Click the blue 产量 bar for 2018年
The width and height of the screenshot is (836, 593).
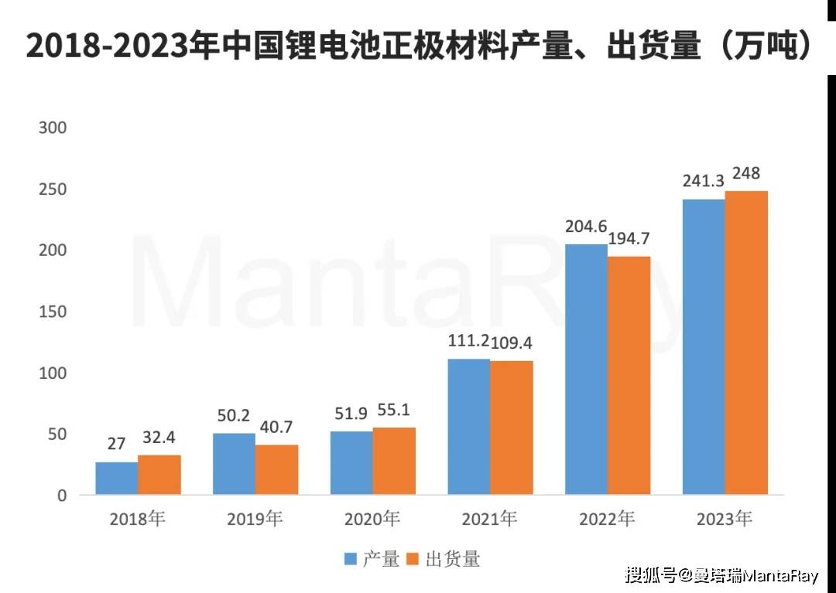pos(117,479)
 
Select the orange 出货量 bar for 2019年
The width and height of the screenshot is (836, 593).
pos(276,470)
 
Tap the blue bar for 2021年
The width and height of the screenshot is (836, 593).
pos(468,427)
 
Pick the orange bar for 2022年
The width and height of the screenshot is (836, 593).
pos(629,376)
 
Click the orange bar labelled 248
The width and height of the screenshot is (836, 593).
pos(746,343)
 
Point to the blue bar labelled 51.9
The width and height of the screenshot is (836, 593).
pos(351,462)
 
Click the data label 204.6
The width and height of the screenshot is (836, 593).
pos(585,228)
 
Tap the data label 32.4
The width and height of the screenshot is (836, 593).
pos(159,438)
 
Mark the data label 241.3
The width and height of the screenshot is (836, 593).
pos(703,182)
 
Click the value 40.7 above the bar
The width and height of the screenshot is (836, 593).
pos(276,428)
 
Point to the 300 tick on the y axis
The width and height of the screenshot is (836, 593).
pos(53,128)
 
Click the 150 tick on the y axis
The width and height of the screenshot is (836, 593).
pos(53,312)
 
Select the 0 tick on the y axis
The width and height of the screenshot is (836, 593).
pos(62,496)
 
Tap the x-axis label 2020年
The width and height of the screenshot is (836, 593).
pos(372,519)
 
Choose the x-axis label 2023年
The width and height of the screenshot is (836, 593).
pos(724,519)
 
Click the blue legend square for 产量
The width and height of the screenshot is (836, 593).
pos(350,559)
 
